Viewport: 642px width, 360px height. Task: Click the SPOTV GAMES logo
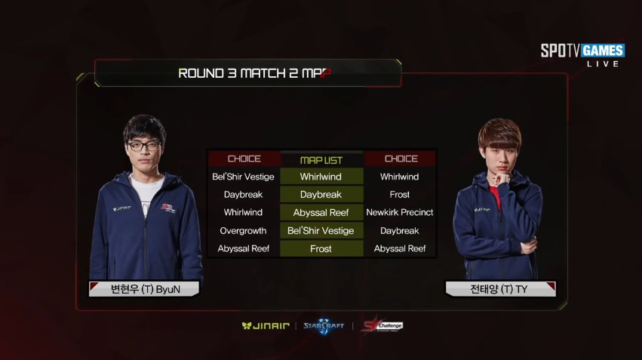point(582,51)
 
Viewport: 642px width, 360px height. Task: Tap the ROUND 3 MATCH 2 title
point(255,73)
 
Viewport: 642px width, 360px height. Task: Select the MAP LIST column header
point(321,159)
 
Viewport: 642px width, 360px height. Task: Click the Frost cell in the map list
point(321,248)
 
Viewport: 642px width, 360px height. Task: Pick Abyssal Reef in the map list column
point(321,213)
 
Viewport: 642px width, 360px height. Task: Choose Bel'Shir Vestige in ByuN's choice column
point(244,177)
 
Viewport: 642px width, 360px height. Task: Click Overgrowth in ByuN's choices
point(244,231)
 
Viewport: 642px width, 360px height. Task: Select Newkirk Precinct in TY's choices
point(400,213)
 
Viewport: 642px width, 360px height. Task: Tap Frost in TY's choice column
point(400,195)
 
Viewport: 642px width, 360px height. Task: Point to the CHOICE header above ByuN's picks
point(244,159)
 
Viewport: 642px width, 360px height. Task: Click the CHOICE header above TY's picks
point(401,159)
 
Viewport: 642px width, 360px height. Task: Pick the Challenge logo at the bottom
point(382,325)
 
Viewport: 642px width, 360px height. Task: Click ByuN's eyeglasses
point(143,146)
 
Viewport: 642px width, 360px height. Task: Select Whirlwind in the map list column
point(321,177)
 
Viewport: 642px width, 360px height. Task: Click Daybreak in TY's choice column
point(400,231)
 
